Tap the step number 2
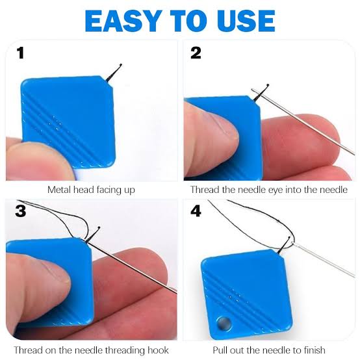click(196, 53)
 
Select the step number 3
click(21, 211)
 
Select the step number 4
click(196, 211)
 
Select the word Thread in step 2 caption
click(205, 190)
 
